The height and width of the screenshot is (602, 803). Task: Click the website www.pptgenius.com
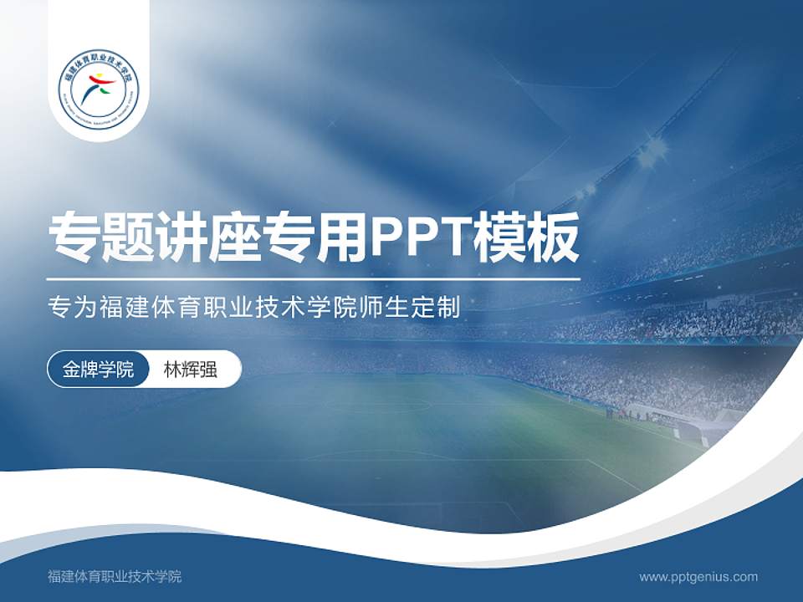[698, 576]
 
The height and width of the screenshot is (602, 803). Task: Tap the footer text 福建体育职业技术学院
[115, 576]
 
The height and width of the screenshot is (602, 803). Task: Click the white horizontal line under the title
[314, 278]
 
